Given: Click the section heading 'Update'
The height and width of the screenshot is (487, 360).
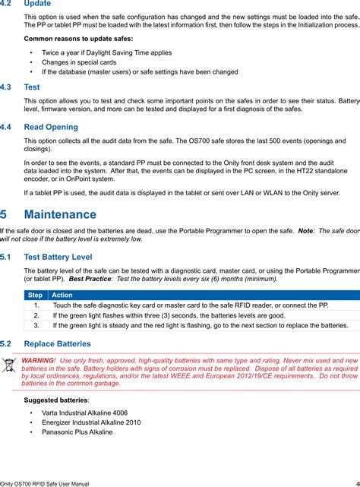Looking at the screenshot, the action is [x=38, y=4].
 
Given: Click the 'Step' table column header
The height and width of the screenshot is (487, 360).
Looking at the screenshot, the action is [x=35, y=294].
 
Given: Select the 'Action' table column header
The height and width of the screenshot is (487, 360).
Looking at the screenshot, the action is [x=62, y=294].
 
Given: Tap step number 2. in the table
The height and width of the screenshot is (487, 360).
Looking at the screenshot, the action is [x=36, y=315].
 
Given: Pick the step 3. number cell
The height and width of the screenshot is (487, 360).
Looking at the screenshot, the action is [x=36, y=325].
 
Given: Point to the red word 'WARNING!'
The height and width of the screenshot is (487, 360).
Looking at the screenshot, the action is [x=38, y=359].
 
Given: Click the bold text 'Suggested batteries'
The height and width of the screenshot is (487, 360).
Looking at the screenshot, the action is [x=57, y=399].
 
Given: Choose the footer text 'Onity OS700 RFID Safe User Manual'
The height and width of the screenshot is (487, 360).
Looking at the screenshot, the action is [x=45, y=482].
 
